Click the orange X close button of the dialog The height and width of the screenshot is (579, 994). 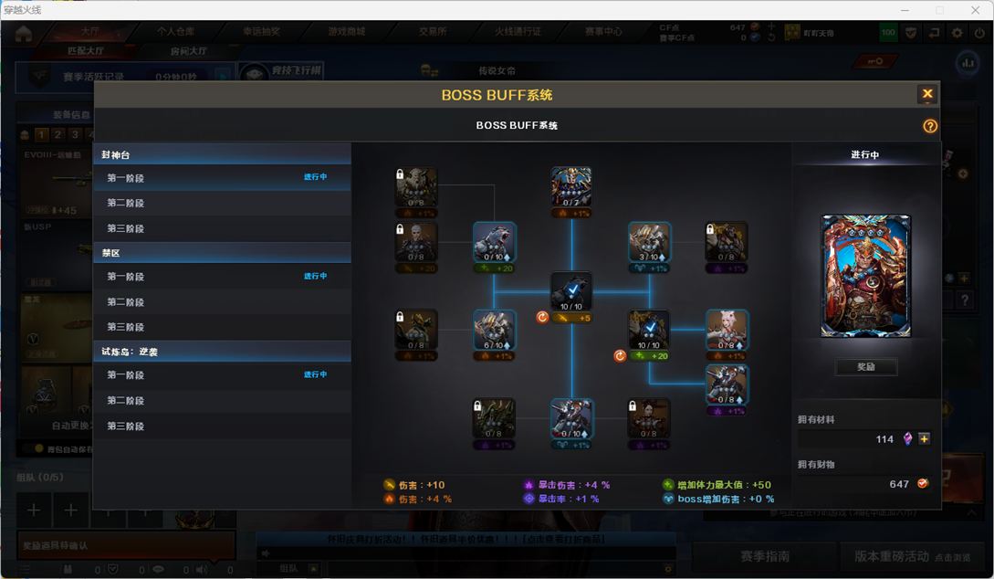[927, 94]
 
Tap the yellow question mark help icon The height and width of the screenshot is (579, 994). [930, 126]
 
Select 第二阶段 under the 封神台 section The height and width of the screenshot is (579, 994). [126, 203]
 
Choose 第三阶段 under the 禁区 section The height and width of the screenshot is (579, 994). [126, 327]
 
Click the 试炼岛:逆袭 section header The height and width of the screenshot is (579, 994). [130, 352]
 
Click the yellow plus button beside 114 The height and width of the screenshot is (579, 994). [925, 439]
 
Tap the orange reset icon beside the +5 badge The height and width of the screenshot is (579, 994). [542, 318]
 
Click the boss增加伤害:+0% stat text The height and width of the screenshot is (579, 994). [725, 500]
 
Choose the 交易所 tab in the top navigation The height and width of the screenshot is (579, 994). [433, 31]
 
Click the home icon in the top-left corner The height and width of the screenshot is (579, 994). [24, 34]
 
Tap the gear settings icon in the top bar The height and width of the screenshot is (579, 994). [957, 33]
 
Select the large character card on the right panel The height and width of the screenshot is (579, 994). [865, 277]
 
